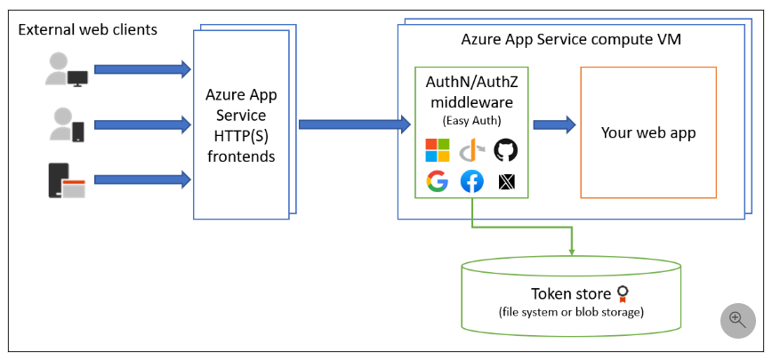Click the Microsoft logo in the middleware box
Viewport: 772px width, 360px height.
click(438, 150)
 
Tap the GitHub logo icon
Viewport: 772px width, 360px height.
click(505, 150)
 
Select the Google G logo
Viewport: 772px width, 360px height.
click(437, 181)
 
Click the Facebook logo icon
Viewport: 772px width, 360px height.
click(471, 181)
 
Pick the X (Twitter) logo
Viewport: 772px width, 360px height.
click(505, 182)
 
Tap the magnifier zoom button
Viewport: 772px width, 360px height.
click(737, 320)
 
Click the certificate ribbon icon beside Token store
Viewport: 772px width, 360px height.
click(626, 293)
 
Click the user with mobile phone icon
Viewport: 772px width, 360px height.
click(68, 124)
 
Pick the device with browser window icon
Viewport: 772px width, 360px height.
click(67, 180)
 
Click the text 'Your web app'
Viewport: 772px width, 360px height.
click(647, 132)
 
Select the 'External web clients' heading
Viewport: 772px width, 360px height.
click(88, 30)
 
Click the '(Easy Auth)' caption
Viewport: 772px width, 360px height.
click(471, 121)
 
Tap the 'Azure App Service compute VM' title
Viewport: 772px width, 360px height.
click(571, 40)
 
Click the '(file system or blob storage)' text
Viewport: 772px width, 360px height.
click(571, 312)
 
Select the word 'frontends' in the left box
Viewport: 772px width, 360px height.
click(241, 156)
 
